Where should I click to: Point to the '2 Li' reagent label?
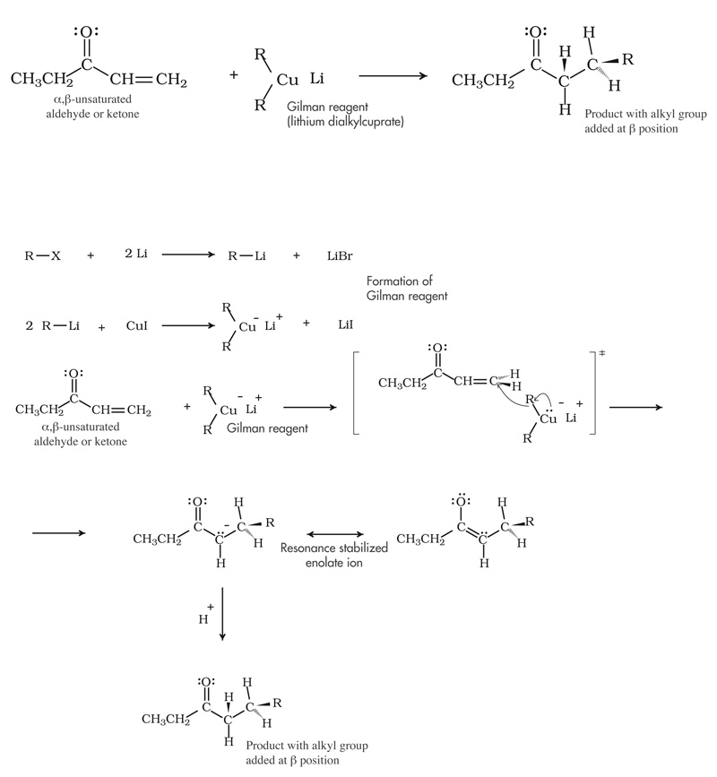point(136,255)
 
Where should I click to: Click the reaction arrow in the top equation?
point(393,77)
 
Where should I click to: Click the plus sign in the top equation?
point(234,75)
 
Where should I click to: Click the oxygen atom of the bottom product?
point(206,682)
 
